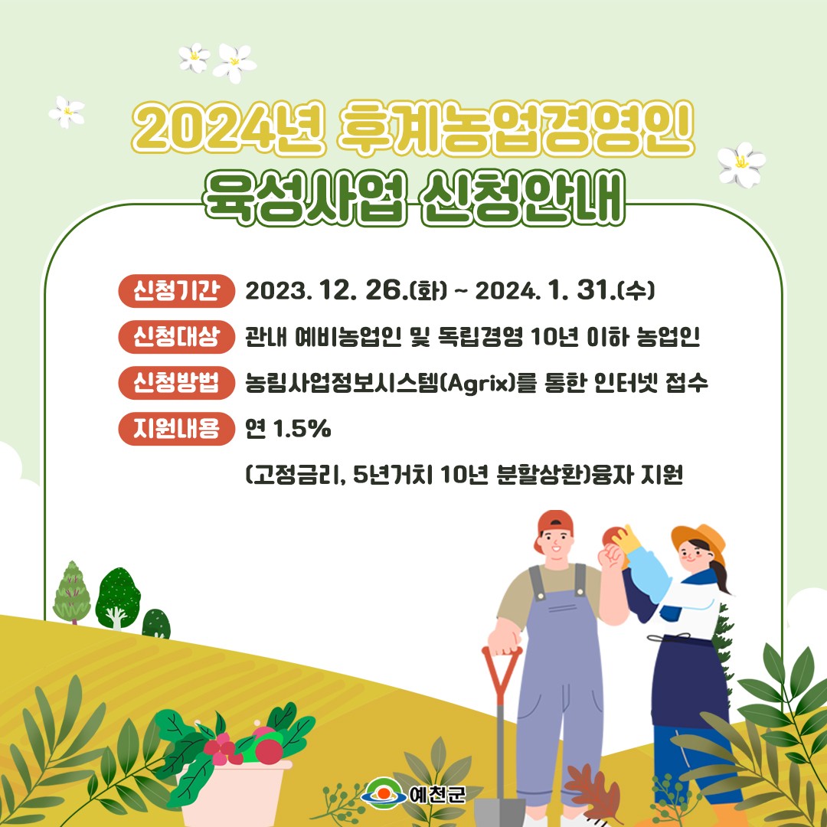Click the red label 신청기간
click(x=176, y=290)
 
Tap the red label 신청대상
click(x=176, y=337)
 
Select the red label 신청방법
click(x=176, y=383)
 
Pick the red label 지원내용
click(x=176, y=430)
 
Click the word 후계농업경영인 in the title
click(x=516, y=129)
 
